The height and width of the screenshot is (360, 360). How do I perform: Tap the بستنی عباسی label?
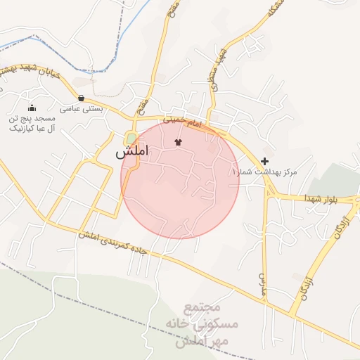click(x=81, y=109)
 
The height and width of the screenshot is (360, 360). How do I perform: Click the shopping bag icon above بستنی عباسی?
click(x=82, y=98)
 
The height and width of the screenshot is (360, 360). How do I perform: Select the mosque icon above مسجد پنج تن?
click(x=32, y=108)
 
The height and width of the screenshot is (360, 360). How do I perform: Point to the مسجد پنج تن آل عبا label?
click(x=26, y=124)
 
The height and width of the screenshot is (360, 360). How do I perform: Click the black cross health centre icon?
click(x=264, y=161)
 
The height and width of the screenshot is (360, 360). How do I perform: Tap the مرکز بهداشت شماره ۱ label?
click(x=264, y=172)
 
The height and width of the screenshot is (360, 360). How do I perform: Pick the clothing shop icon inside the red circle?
click(x=177, y=143)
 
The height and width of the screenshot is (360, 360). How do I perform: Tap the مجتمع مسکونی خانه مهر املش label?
click(x=202, y=325)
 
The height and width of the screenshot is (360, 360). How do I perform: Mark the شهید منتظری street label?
click(x=216, y=68)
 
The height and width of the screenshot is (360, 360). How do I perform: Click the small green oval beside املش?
click(x=131, y=138)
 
